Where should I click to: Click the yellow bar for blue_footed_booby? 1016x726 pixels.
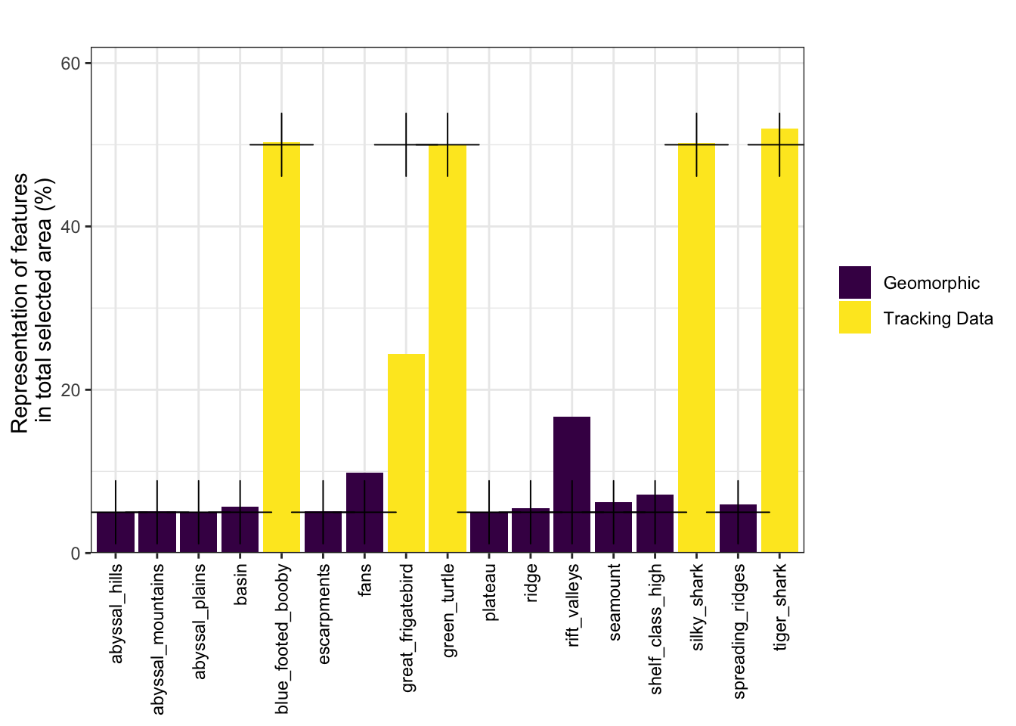pyautogui.click(x=281, y=348)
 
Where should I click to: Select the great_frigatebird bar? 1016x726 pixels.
pyautogui.click(x=406, y=454)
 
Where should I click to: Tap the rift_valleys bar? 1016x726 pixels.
pyautogui.click(x=571, y=484)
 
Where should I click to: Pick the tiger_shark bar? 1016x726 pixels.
pyautogui.click(x=779, y=340)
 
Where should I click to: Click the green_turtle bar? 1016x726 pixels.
pyautogui.click(x=448, y=348)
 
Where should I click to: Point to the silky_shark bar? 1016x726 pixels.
pyautogui.click(x=696, y=348)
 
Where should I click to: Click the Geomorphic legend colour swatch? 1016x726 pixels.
pyautogui.click(x=854, y=283)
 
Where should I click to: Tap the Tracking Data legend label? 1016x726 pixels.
pyautogui.click(x=937, y=318)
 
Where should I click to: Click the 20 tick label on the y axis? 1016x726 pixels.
pyautogui.click(x=70, y=390)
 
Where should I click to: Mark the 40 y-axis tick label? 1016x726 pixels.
pyautogui.click(x=70, y=227)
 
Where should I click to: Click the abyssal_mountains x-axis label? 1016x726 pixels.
pyautogui.click(x=158, y=638)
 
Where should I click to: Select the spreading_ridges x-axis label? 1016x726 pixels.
pyautogui.click(x=739, y=631)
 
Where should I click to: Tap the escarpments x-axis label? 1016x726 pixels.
pyautogui.click(x=324, y=614)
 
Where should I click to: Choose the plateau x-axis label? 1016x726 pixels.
pyautogui.click(x=490, y=592)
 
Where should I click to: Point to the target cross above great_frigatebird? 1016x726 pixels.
pyautogui.click(x=406, y=144)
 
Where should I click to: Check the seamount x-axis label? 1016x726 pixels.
pyautogui.click(x=614, y=602)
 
